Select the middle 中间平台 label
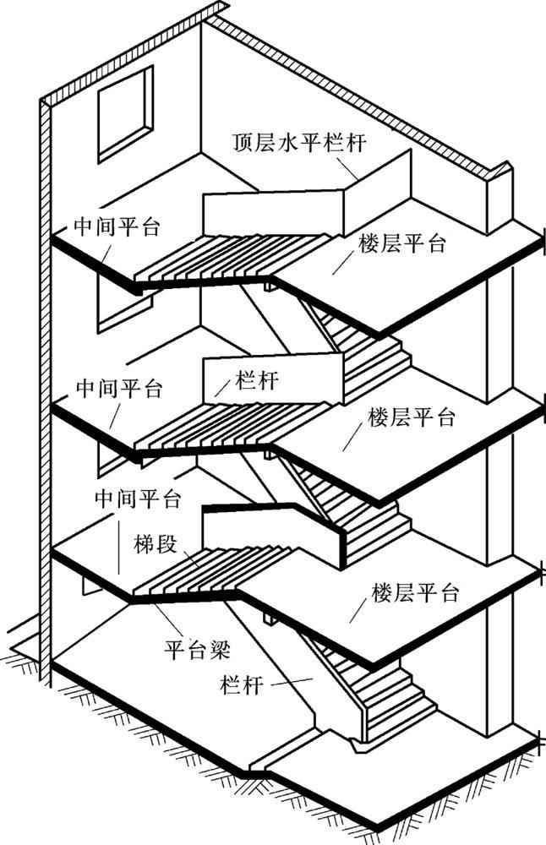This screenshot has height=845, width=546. pos(119,389)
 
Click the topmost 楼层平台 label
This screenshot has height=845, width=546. pos(402,244)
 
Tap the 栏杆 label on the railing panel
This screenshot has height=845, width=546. pos(257,380)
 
